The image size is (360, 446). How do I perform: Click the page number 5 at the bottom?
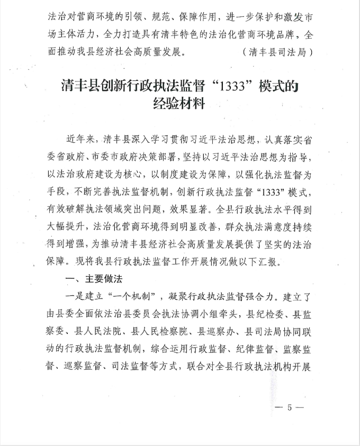(x=289, y=407)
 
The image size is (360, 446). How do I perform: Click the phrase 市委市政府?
(x=103, y=158)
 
